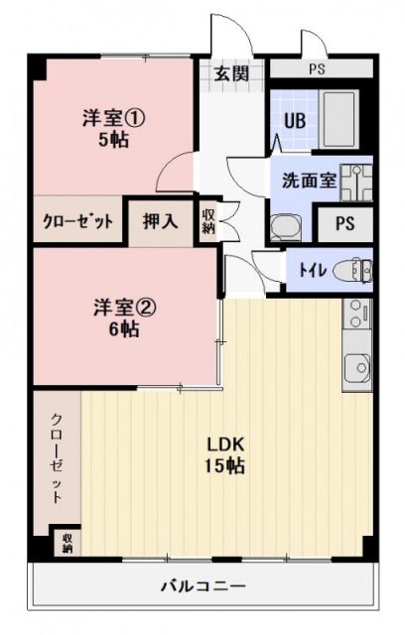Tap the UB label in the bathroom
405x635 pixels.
coord(295,121)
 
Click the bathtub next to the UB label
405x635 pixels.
coord(342,119)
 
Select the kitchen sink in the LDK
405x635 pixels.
coord(355,369)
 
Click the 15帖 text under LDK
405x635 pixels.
coord(226,464)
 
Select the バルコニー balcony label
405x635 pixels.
coord(203,585)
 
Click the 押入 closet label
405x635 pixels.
coord(160,220)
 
